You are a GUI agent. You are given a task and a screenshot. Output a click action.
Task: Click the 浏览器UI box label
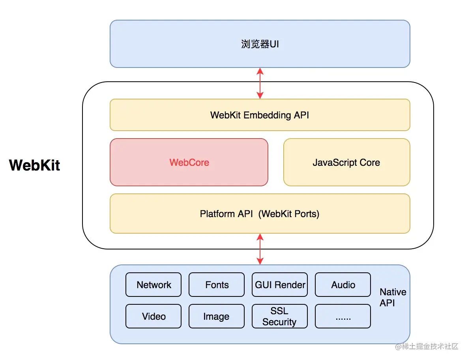tap(260, 44)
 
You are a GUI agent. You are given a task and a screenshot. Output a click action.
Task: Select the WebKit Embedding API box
tap(260, 115)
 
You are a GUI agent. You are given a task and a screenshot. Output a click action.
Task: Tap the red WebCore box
tap(189, 162)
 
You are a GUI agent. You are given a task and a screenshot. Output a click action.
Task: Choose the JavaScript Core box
tap(346, 162)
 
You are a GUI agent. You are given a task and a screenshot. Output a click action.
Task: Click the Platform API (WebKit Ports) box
tap(260, 214)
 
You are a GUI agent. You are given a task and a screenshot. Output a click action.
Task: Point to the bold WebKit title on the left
tap(35, 165)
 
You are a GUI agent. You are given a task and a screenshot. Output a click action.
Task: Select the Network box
tap(154, 285)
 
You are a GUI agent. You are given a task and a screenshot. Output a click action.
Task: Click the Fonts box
tap(217, 285)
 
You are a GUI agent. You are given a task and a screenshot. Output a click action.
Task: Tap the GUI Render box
tap(280, 285)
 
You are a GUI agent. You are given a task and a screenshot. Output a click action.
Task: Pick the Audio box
tap(343, 285)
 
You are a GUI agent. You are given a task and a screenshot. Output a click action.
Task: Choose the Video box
tap(154, 316)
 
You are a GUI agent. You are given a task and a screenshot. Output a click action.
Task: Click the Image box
tap(217, 316)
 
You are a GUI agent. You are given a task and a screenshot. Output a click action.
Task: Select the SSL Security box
tap(280, 316)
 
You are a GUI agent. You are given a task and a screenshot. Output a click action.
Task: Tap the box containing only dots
tap(343, 316)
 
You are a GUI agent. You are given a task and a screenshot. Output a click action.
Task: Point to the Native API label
tap(393, 297)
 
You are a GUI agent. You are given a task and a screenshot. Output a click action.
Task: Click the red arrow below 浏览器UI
tap(260, 83)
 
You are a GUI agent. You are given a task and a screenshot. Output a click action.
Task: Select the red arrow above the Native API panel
tap(260, 249)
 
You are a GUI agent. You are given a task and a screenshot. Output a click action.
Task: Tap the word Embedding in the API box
tap(268, 115)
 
